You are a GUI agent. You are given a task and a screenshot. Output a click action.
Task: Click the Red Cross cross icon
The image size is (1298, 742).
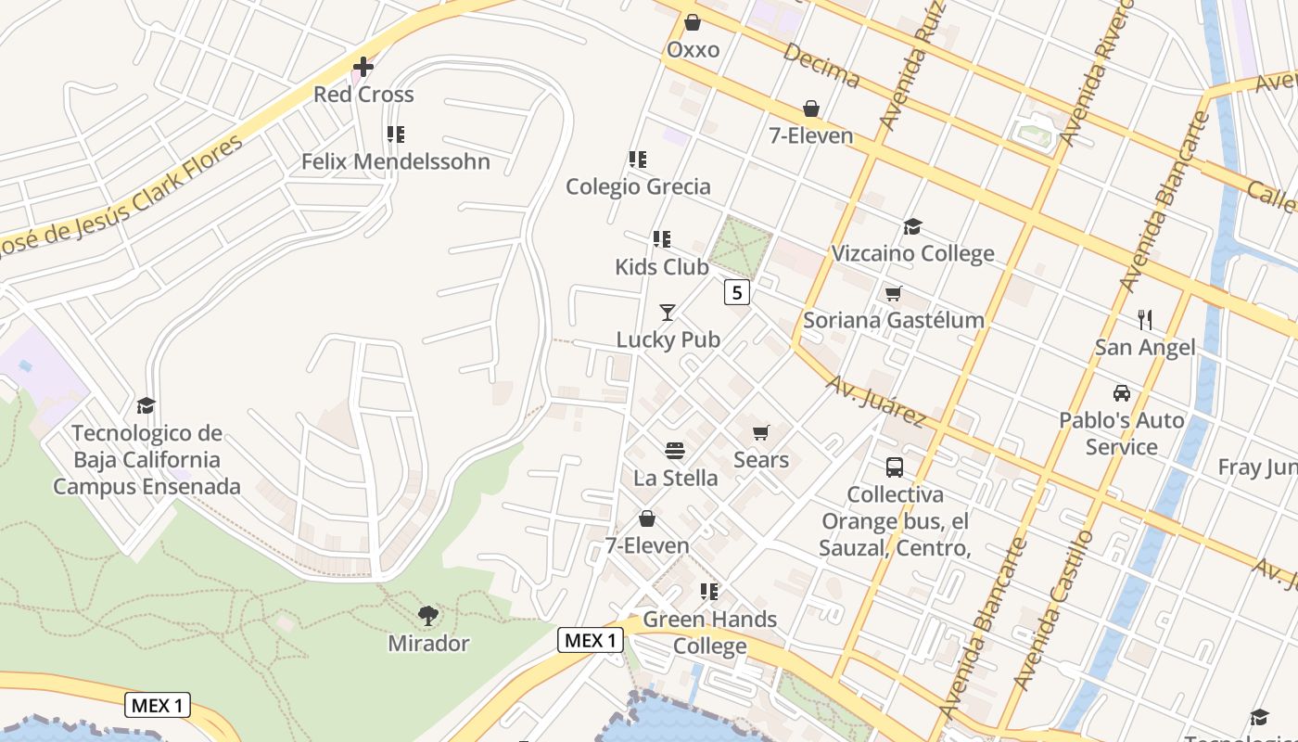point(363,67)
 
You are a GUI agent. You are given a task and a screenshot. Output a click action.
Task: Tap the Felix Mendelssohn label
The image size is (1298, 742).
point(396,161)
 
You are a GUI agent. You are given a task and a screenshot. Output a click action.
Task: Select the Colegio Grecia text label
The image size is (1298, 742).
point(639,186)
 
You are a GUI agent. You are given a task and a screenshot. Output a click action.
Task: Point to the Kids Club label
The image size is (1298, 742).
point(662,267)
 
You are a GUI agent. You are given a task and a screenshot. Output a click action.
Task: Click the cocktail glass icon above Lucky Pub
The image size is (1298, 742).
point(668,313)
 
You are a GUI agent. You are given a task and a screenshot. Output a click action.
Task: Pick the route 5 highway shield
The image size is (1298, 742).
point(737,293)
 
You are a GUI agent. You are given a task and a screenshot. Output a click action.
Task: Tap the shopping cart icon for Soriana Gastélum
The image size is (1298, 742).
point(893,294)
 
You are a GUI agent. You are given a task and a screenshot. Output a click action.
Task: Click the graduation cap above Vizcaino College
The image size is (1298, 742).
point(912,227)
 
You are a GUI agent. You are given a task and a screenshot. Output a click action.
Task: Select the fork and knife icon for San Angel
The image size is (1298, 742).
point(1145,320)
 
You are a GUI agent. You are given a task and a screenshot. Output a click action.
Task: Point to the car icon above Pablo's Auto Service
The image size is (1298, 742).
point(1122,393)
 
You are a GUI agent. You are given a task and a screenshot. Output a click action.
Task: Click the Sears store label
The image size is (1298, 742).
point(761,460)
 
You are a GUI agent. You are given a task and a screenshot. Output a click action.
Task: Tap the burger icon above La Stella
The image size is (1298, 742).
point(675,451)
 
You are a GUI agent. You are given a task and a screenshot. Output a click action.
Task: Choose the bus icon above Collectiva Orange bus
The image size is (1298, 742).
point(895,467)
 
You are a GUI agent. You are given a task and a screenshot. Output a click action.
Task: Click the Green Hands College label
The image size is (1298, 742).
point(709,633)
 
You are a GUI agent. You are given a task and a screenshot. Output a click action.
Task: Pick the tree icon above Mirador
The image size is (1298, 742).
point(428,615)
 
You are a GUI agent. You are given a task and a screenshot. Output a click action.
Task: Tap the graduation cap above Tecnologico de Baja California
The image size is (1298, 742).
point(146,405)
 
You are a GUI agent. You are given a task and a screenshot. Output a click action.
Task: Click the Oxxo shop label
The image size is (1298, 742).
point(694,49)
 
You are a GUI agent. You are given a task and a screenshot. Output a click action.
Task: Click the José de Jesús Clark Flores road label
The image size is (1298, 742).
point(121,197)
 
